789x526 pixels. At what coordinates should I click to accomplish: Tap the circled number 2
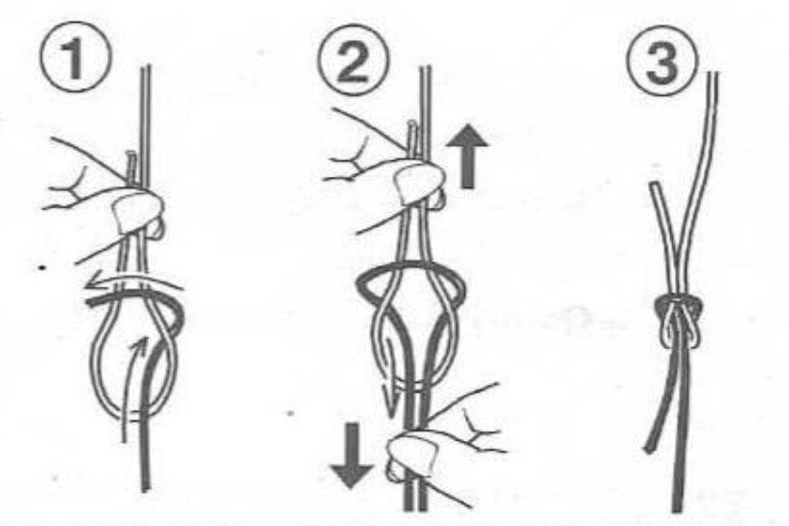tap(349, 56)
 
